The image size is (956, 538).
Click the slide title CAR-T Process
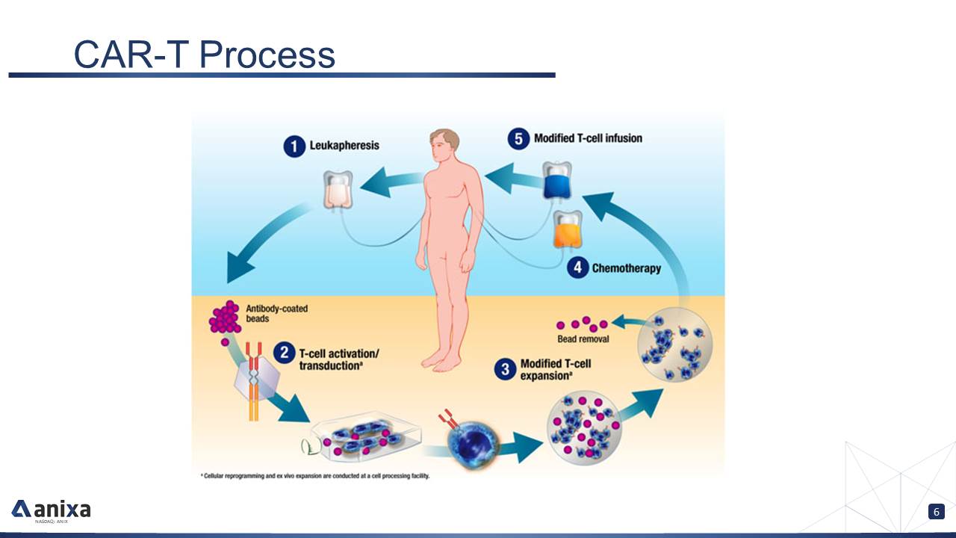coord(204,54)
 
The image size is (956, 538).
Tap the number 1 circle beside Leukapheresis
coord(294,146)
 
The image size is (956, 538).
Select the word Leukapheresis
coord(344,146)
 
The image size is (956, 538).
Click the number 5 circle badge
coord(518,139)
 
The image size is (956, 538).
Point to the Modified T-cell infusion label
coord(588,138)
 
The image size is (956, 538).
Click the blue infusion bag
coord(556,181)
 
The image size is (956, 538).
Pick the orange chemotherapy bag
coord(568,231)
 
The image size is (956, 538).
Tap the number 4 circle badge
coord(577,268)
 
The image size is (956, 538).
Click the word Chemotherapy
coord(626,268)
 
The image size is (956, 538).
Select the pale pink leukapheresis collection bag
coord(338,190)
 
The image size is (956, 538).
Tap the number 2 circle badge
coord(284,352)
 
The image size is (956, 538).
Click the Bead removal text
coord(583,339)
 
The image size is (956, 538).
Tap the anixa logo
coord(51,510)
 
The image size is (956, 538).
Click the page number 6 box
coord(936,512)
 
